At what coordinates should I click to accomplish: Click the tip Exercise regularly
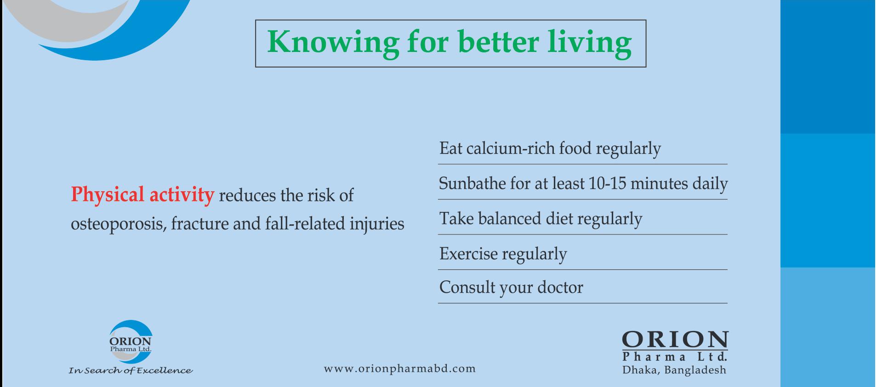[503, 254]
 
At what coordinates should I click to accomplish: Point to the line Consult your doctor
[511, 288]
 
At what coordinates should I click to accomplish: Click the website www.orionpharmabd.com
[400, 369]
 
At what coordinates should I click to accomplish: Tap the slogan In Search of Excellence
[131, 370]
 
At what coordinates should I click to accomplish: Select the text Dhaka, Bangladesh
[674, 370]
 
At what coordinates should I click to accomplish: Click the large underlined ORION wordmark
[675, 340]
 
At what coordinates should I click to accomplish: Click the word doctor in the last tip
[560, 287]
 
